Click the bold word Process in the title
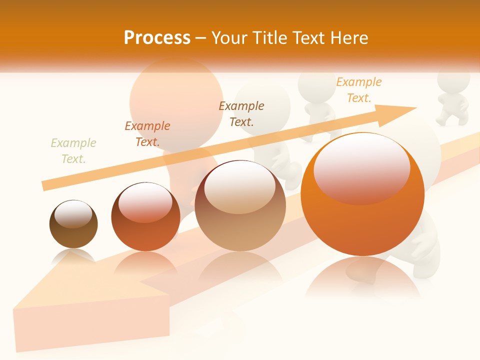click(157, 38)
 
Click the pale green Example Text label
click(73, 151)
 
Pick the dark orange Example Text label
click(147, 134)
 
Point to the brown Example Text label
click(241, 113)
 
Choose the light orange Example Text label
click(359, 90)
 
